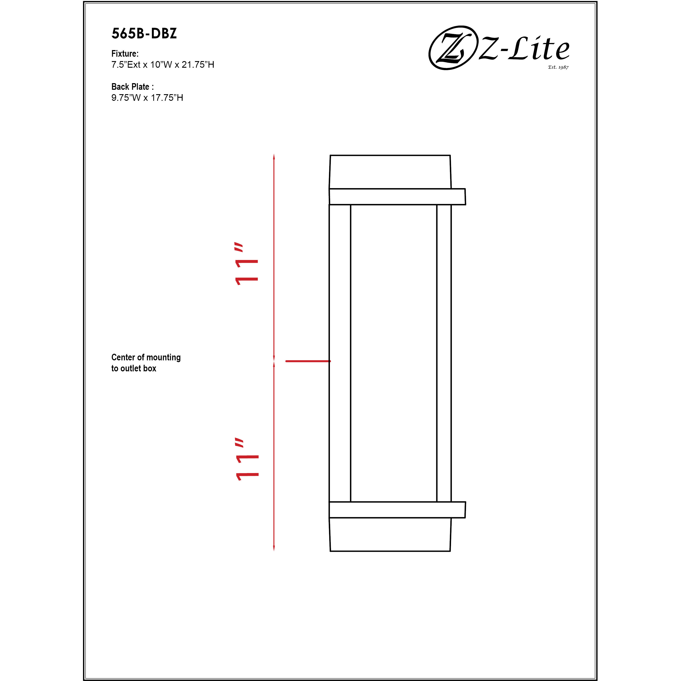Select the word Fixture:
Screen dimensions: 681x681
click(125, 54)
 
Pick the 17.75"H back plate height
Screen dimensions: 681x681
click(167, 98)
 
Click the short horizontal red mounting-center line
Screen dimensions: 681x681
click(308, 361)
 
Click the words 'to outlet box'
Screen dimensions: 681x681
click(134, 368)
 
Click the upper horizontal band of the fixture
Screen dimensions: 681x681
click(397, 197)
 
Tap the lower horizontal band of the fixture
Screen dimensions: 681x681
click(397, 510)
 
